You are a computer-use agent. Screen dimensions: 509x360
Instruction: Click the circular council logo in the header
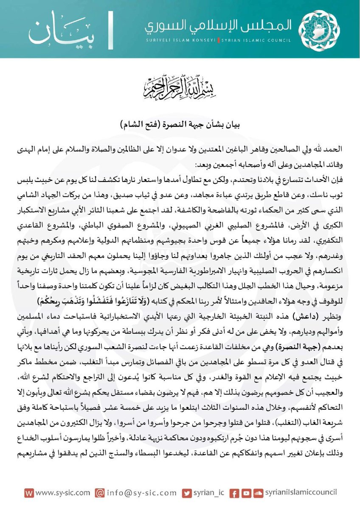point(325,29)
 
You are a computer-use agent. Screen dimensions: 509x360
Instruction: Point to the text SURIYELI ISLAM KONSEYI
point(180,41)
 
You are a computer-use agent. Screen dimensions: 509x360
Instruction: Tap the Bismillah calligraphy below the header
point(180,87)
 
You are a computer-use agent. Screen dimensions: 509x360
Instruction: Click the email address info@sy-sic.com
point(141,493)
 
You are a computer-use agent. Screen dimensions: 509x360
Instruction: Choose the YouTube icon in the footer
point(246,493)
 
